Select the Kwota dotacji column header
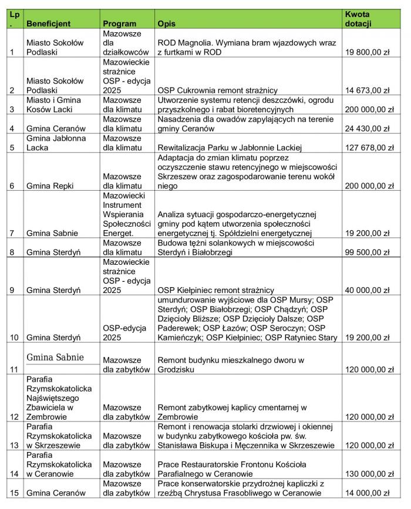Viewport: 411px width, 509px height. tap(358, 19)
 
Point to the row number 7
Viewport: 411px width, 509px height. tap(13, 233)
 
